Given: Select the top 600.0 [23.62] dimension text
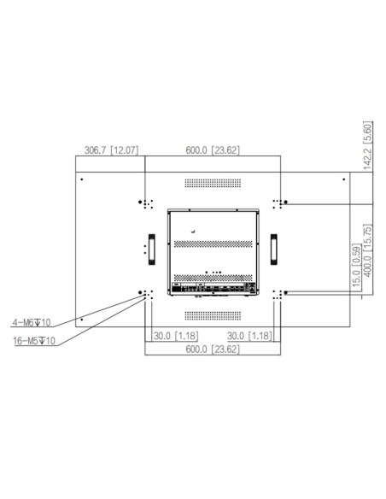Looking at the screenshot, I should tap(213, 151).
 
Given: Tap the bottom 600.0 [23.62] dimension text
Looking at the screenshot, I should tap(213, 350).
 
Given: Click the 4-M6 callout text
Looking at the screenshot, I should tap(32, 323).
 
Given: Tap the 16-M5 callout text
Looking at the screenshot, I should tap(33, 340).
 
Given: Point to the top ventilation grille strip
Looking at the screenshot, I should tap(213, 183).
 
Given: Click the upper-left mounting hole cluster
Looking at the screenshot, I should tap(145, 203).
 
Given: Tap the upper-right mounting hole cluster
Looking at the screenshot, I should tap(278, 203).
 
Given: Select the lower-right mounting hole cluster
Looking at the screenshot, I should tap(278, 293).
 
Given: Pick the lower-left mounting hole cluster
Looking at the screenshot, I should tap(145, 293).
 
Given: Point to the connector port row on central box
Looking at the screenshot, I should tap(213, 288).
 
